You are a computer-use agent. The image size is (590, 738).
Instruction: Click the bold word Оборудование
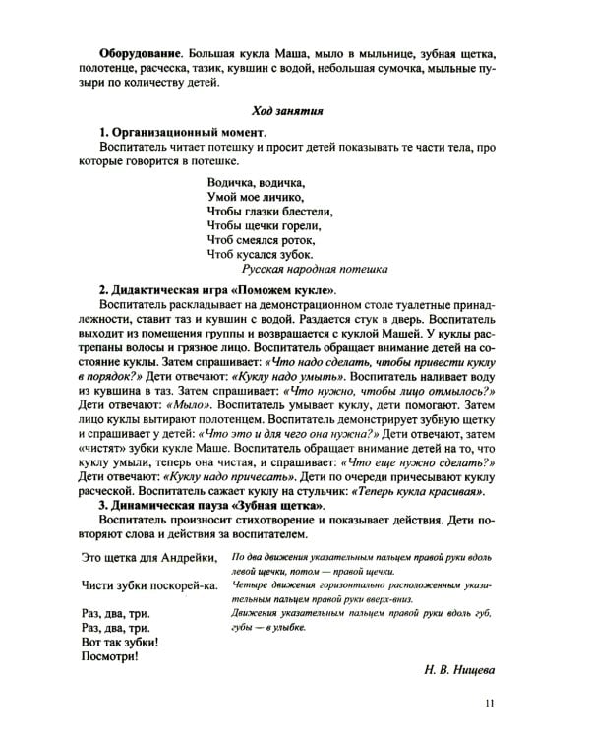(141, 50)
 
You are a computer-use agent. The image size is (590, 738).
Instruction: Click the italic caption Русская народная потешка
(315, 269)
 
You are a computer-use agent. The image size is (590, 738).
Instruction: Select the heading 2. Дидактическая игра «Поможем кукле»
(218, 291)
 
